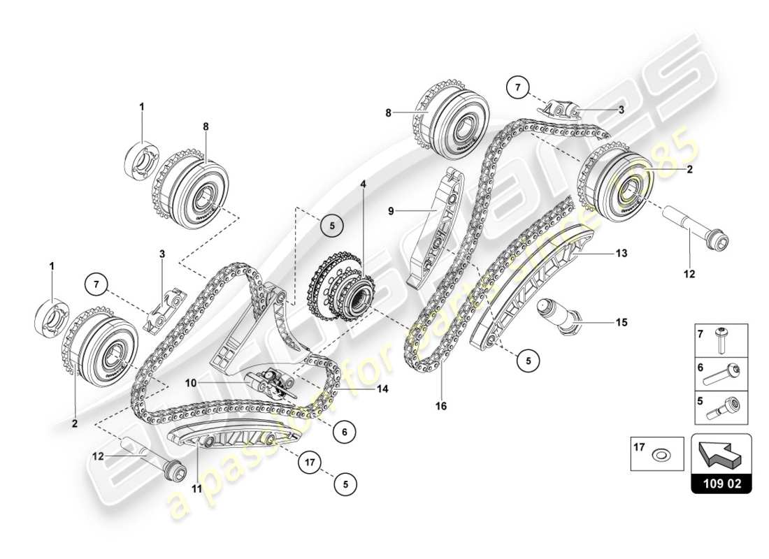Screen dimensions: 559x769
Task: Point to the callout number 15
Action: (x=621, y=323)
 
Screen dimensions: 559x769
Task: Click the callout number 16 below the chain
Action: (x=442, y=405)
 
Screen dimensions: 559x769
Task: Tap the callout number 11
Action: (x=198, y=488)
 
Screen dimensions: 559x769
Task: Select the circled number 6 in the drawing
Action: (x=345, y=433)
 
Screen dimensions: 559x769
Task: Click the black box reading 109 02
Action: (x=721, y=481)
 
